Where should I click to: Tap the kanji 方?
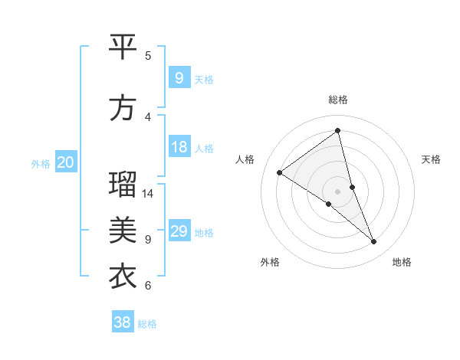tap(123, 108)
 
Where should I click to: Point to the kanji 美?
tap(123, 230)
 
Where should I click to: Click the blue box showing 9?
tap(179, 77)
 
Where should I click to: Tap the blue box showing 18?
tap(179, 147)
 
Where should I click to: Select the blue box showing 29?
tap(179, 231)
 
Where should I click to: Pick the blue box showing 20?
tap(66, 162)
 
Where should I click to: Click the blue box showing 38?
tap(123, 322)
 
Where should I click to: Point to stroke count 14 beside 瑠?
tap(148, 194)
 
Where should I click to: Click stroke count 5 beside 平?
tap(148, 56)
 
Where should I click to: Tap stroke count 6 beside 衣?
tap(148, 286)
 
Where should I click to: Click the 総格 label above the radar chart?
tap(338, 100)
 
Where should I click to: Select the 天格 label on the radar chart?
tap(431, 159)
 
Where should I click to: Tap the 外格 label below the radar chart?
tap(270, 262)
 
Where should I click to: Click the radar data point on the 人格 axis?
tap(280, 172)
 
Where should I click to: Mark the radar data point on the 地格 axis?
tap(374, 242)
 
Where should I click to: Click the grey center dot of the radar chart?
tap(338, 191)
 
